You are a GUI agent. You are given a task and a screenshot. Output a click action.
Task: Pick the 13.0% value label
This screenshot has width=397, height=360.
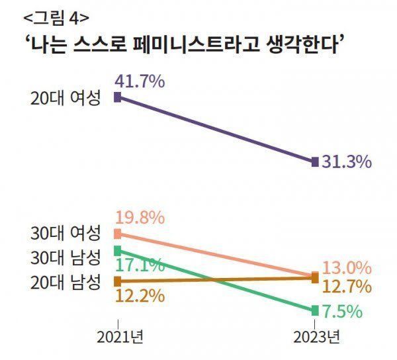tap(346, 269)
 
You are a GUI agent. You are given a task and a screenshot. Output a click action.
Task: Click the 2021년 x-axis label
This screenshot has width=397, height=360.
tap(118, 336)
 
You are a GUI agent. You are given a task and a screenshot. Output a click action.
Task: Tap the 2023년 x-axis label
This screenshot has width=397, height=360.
tap(316, 336)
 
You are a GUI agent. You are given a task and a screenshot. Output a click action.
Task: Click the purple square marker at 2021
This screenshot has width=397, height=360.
tap(118, 97)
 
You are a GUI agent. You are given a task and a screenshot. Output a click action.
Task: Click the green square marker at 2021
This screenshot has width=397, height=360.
tap(118, 250)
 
